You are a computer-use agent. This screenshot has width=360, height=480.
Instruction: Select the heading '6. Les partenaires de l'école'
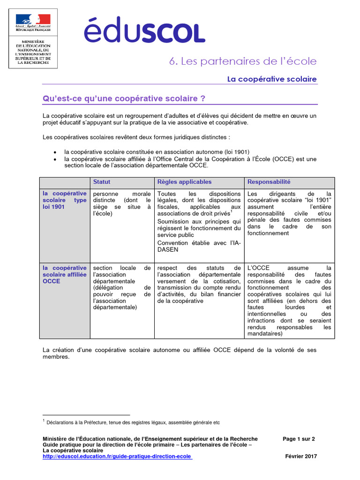[243, 61]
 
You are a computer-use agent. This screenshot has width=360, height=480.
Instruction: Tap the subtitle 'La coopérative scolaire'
[272, 79]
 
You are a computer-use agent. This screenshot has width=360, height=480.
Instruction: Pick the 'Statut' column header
[102, 182]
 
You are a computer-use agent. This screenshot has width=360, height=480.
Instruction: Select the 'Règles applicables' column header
[184, 182]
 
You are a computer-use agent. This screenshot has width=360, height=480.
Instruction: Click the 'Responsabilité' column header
[269, 182]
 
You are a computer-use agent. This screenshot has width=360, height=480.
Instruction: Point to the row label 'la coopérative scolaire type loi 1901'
[64, 200]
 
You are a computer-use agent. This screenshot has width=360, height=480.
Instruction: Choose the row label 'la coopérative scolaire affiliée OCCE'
[64, 275]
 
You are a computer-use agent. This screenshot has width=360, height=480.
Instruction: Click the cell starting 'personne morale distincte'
[122, 203]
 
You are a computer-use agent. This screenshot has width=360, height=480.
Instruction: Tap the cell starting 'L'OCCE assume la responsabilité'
[289, 300]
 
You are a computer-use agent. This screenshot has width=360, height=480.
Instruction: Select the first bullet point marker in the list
[55, 152]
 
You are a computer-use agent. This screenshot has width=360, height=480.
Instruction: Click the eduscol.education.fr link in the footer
[117, 456]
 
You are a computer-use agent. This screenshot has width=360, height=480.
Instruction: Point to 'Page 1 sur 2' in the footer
[299, 439]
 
